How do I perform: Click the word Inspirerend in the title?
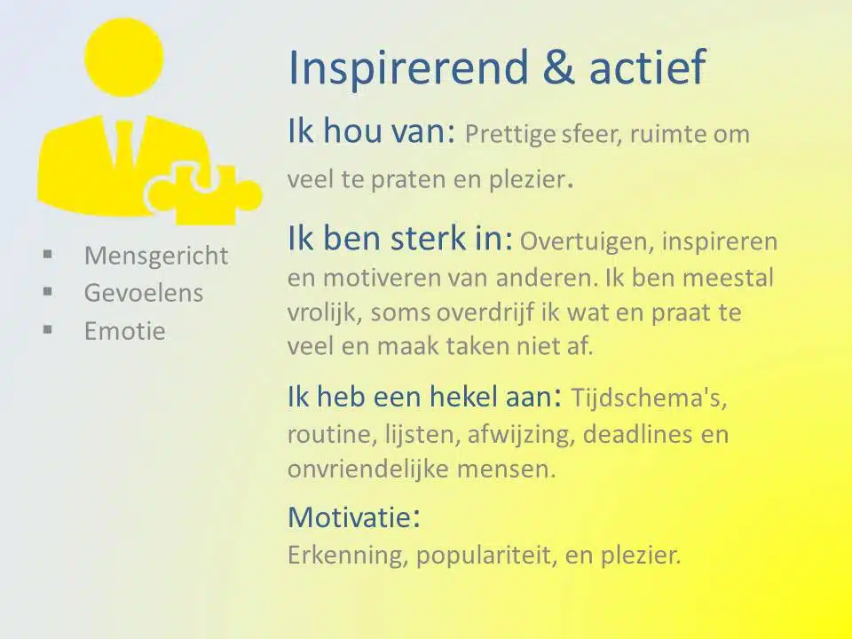pos(408,68)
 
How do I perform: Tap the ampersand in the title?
pos(558,67)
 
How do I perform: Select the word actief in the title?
pos(647,67)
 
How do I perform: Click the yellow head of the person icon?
pos(124,58)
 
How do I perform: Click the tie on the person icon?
pos(123,144)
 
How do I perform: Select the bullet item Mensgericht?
pos(156,256)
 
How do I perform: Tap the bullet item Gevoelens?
pos(144,293)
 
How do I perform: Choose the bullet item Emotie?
pos(124,331)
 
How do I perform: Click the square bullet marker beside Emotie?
pos(48,328)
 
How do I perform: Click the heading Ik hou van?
pos(371,131)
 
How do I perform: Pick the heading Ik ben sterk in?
pos(400,238)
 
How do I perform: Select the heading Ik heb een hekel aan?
pos(424,396)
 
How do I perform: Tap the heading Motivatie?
pos(354,517)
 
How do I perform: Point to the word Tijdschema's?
pos(649,398)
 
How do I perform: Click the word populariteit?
pos(487,556)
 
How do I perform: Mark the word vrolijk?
pos(325,313)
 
